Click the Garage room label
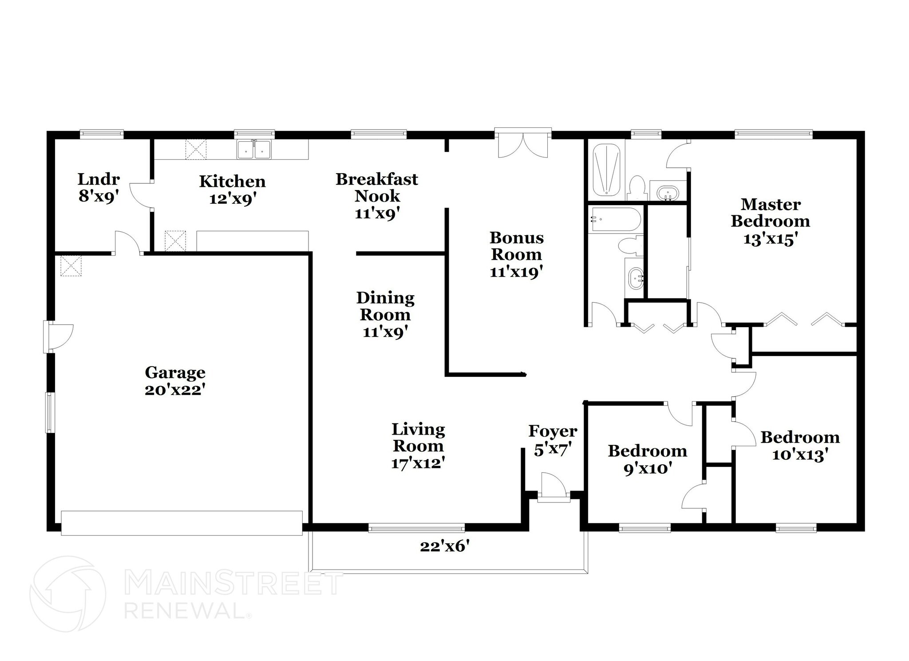[x=175, y=372]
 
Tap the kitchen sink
[x=254, y=149]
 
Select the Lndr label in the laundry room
[x=99, y=179]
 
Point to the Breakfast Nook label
[x=377, y=187]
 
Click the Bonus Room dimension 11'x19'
[x=517, y=272]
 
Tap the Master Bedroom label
[x=771, y=213]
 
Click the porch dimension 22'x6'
[x=445, y=546]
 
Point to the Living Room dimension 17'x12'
[x=418, y=463]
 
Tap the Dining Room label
[x=385, y=306]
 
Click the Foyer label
[x=553, y=431]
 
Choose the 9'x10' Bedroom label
[x=647, y=451]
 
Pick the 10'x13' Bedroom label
[x=800, y=437]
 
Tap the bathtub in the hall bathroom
[x=615, y=219]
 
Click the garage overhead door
[x=182, y=523]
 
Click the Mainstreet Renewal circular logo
[x=67, y=594]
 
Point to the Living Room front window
[x=416, y=528]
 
